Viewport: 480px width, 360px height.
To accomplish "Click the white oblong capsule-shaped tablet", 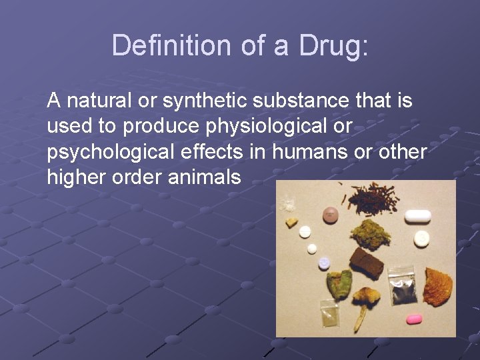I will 418,216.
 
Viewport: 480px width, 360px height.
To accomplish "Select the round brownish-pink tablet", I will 330,215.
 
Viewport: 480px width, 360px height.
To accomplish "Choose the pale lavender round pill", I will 324,263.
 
